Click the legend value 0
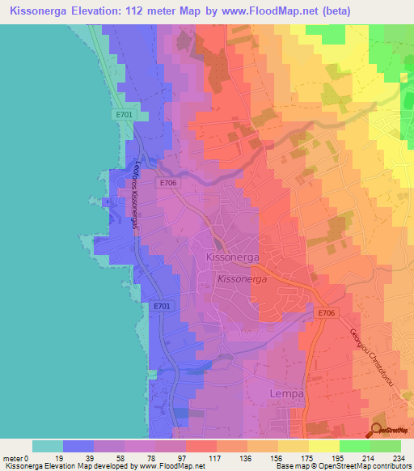click(28, 457)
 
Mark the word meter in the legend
click(13, 457)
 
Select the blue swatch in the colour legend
click(78, 446)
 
